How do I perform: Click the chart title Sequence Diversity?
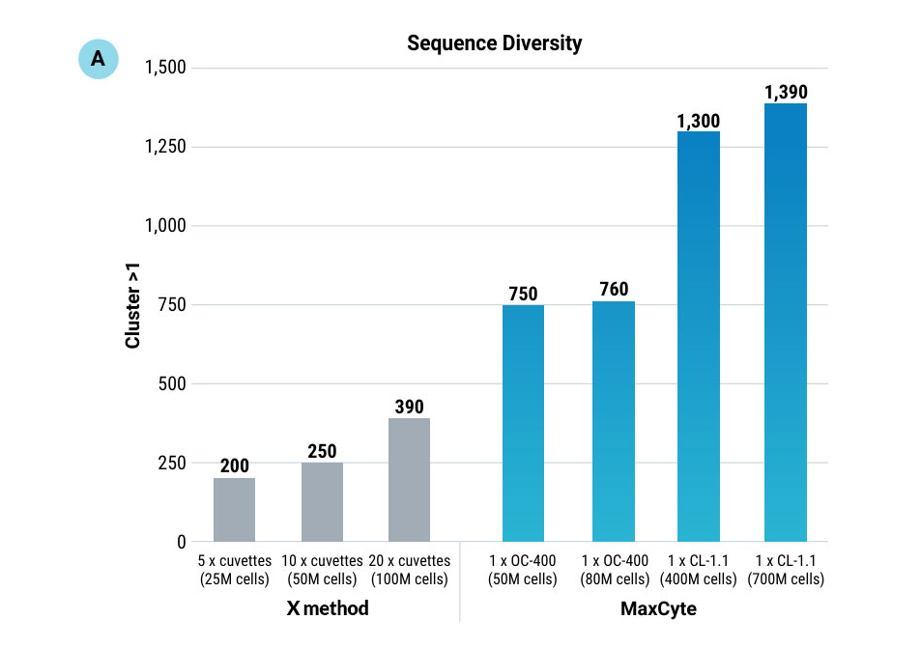coord(494,43)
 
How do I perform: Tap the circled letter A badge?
coord(98,59)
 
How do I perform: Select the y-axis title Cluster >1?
coord(134,305)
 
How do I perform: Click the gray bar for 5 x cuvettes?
coord(234,510)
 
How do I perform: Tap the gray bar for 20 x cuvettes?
coord(409,480)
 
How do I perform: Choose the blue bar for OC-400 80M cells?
coord(613,421)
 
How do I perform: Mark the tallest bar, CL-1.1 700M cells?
coord(785,323)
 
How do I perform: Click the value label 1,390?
coord(785,93)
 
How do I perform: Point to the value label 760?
coord(613,290)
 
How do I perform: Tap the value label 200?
coord(234,466)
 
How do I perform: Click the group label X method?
coord(327,609)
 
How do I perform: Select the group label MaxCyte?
coord(657,609)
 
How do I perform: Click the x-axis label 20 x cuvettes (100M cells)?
coord(409,570)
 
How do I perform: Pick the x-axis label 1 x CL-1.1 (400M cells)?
coord(698,570)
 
